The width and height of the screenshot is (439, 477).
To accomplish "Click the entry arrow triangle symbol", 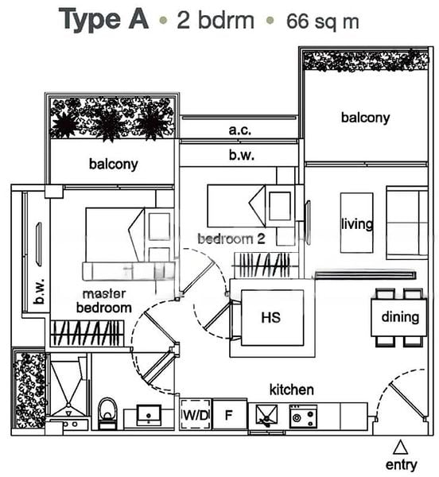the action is tap(400, 448).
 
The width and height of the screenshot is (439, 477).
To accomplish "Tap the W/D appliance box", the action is tap(196, 414).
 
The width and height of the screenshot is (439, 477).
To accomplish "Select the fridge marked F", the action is tap(229, 414).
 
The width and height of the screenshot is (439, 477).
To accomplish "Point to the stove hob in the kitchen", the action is tap(303, 416).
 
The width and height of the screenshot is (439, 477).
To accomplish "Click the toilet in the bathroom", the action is tap(107, 413).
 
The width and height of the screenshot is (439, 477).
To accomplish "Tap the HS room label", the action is tap(270, 317).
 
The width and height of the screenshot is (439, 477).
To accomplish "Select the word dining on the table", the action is tap(400, 317).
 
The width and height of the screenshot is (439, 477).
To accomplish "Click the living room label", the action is tap(357, 224).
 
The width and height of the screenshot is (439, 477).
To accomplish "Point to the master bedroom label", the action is tap(104, 301).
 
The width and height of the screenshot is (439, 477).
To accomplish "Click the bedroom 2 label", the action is tap(231, 238).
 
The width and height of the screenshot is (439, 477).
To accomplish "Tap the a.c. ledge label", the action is tap(240, 130).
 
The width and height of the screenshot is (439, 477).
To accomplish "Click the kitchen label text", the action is tap(291, 390).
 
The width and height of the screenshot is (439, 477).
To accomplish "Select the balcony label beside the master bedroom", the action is tap(114, 165).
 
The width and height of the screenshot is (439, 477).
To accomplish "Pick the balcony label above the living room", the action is tap(365, 118).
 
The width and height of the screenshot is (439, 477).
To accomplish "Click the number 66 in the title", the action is tap(298, 21).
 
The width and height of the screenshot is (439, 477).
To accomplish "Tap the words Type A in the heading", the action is tap(103, 20).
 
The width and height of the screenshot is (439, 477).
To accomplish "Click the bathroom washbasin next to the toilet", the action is tap(149, 415).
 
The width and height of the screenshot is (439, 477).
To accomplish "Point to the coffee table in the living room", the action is tap(356, 223).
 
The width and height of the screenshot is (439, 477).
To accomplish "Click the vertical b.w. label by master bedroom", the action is tap(40, 292).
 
